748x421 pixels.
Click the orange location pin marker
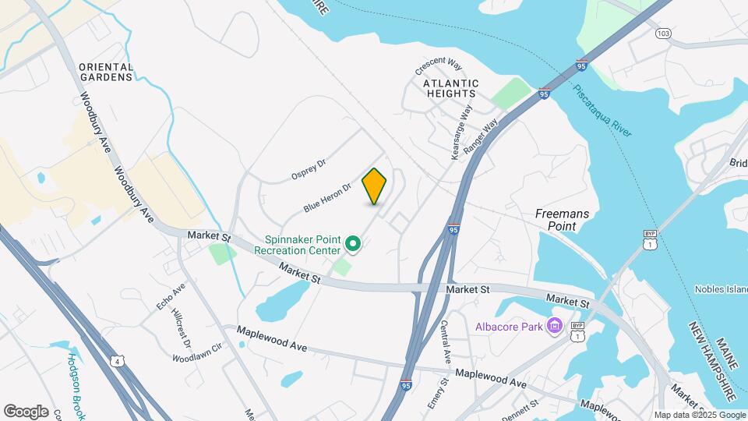(375, 186)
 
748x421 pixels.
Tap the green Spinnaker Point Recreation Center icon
(353, 245)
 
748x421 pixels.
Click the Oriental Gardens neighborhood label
(106, 73)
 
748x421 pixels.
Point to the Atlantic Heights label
(450, 88)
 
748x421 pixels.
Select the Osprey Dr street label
(308, 168)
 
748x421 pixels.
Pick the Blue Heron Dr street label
(328, 196)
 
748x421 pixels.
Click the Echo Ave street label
(171, 296)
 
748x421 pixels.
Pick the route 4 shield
(116, 361)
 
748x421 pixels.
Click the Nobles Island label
(721, 289)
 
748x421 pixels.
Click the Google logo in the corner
(26, 411)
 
